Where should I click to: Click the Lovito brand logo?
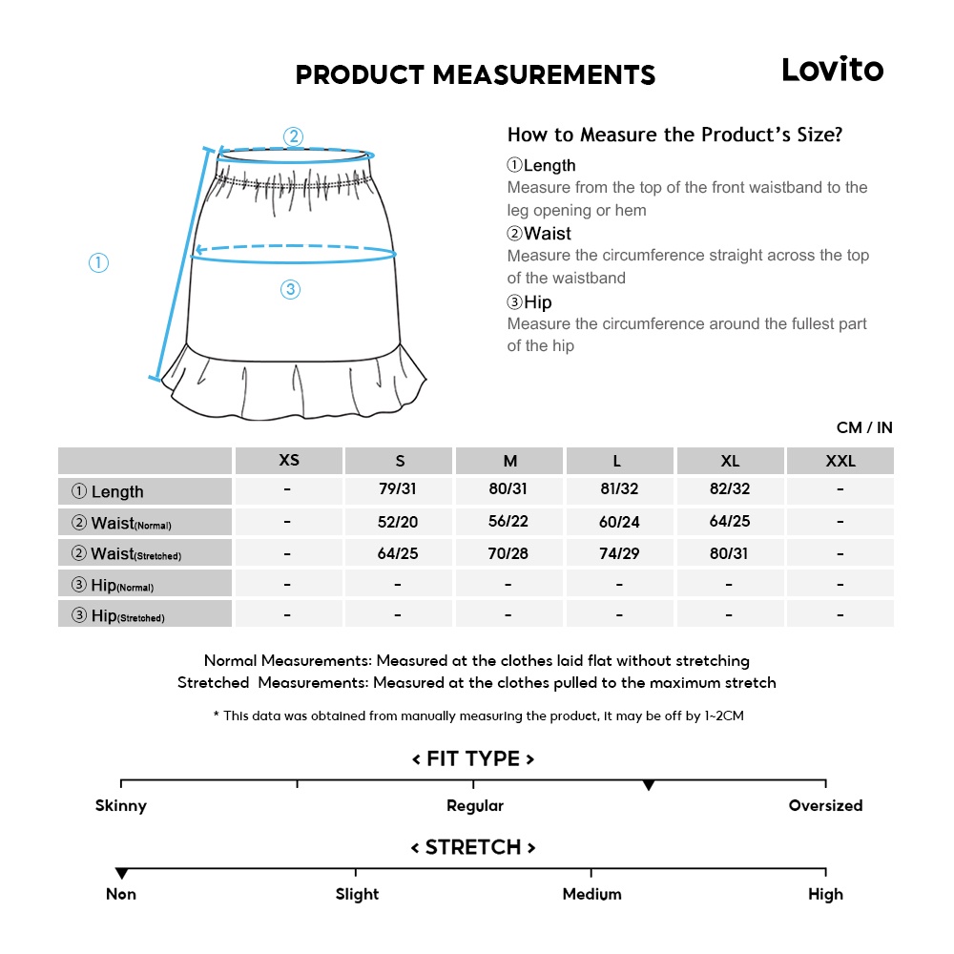[832, 70]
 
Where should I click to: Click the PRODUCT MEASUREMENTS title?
[475, 75]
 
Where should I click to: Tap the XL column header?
[730, 461]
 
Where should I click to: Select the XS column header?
[288, 460]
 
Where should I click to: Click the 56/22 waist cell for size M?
[509, 522]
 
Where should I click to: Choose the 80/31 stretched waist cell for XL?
[730, 553]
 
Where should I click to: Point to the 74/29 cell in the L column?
[619, 553]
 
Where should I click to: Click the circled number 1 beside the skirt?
[98, 263]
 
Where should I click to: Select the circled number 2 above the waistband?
[293, 136]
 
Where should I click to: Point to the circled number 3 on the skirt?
[291, 290]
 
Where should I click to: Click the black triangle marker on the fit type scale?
[649, 785]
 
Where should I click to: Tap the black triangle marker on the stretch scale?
[121, 874]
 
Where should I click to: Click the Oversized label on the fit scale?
[825, 806]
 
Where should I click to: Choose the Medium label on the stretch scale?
[591, 895]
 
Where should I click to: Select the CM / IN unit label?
[864, 427]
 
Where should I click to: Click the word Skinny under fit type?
[121, 806]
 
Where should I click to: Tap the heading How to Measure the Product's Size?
[674, 135]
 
